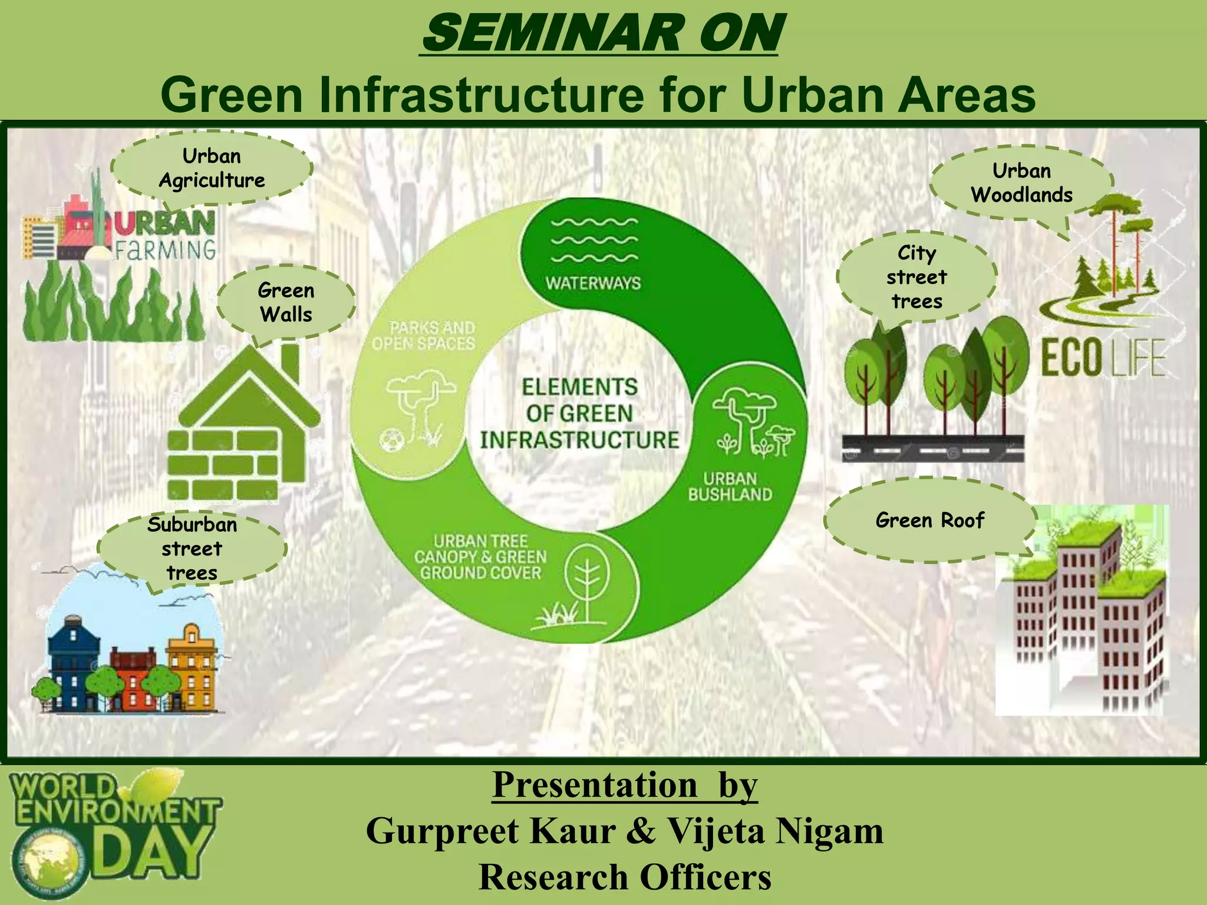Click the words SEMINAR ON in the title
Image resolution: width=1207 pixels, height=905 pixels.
(x=601, y=34)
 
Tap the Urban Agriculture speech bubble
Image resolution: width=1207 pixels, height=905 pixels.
(x=212, y=168)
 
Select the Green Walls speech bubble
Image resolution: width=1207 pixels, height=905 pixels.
(x=286, y=302)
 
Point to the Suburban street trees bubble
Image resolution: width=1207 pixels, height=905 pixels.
(x=192, y=549)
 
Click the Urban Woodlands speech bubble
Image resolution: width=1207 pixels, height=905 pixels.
(x=1021, y=183)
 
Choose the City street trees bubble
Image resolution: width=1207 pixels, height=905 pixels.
(x=916, y=277)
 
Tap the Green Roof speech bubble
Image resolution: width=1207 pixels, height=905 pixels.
(x=929, y=520)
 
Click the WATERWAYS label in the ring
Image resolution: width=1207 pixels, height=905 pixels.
(x=593, y=283)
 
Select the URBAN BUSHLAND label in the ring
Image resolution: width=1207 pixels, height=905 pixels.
(x=730, y=487)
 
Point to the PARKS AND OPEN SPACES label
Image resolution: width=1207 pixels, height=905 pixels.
(x=424, y=335)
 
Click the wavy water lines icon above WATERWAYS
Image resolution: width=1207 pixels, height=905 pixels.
(x=594, y=240)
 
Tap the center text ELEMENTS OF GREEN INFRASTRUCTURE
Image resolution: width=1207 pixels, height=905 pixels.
(x=579, y=414)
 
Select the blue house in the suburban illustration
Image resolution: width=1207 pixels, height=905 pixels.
(x=74, y=660)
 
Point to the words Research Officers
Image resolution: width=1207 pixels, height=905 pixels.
(x=625, y=877)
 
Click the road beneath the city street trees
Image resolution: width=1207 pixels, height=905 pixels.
(x=932, y=450)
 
